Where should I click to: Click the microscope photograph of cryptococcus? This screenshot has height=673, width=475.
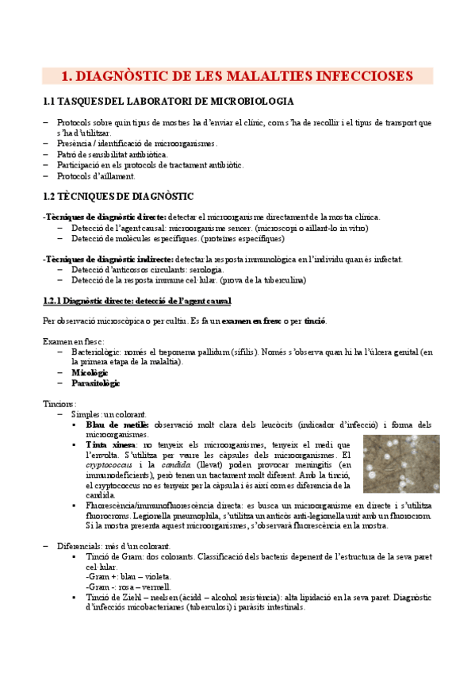396,463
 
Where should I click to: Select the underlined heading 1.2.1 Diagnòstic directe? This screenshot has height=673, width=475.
136,301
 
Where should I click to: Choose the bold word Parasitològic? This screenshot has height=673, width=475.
95,383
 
